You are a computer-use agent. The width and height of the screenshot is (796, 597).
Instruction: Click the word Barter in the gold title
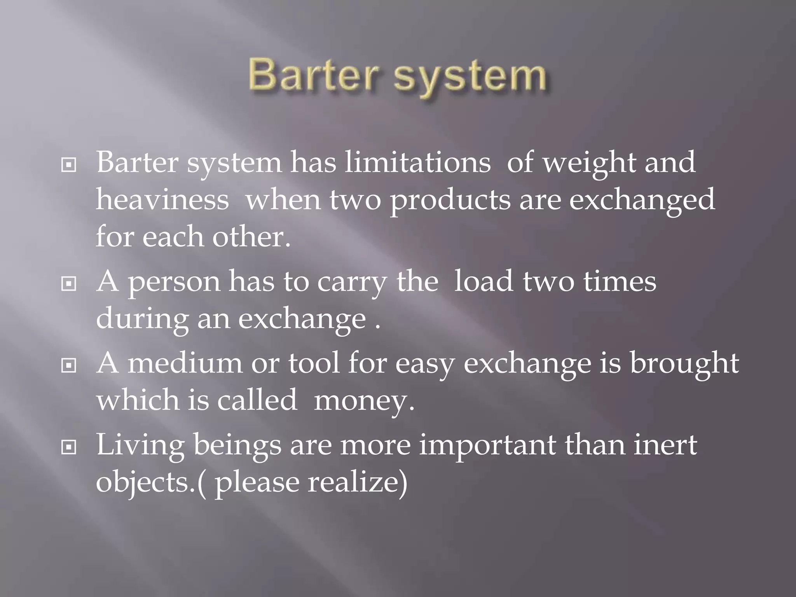click(x=313, y=75)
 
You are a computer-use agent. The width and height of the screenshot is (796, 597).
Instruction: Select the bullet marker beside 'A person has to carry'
click(x=69, y=285)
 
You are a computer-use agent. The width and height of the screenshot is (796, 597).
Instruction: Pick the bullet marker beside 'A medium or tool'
click(x=69, y=366)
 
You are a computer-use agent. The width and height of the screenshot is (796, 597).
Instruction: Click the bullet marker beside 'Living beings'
click(x=69, y=448)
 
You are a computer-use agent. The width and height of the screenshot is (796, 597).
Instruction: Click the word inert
click(x=665, y=445)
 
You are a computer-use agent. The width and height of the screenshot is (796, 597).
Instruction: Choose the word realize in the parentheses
click(x=358, y=482)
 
